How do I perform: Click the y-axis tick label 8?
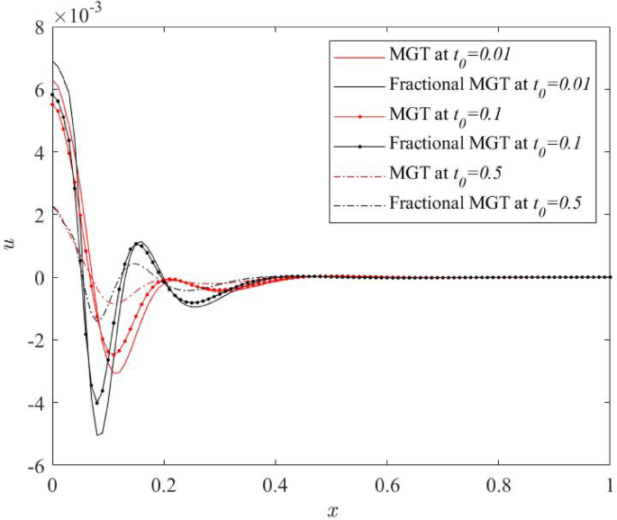(x=39, y=28)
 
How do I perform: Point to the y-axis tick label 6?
(x=39, y=90)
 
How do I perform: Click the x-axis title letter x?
(x=332, y=510)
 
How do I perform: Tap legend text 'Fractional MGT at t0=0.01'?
(x=489, y=85)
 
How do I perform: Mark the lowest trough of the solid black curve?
(x=98, y=435)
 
